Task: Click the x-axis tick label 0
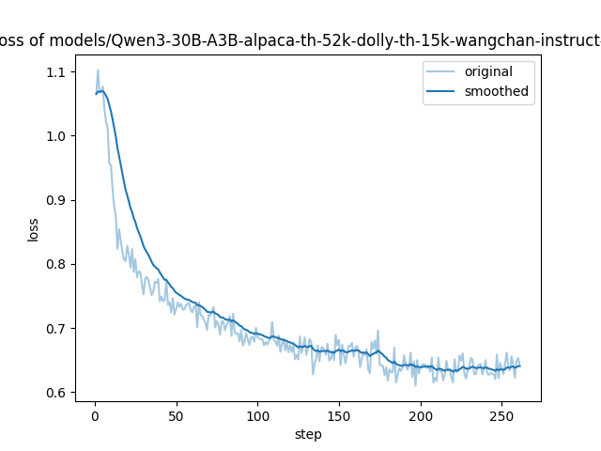[95, 415]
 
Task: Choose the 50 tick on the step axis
[177, 415]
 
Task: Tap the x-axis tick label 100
[257, 415]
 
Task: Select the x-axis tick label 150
[339, 415]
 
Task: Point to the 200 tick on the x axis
[421, 415]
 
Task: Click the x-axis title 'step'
[308, 434]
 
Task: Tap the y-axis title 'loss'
[33, 229]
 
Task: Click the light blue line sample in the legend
[442, 72]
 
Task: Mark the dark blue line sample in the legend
[442, 92]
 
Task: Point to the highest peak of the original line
[98, 70]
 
